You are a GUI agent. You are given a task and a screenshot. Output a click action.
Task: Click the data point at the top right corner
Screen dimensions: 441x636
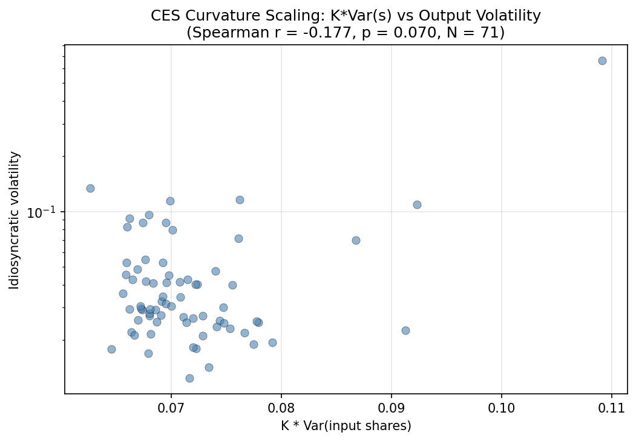pyautogui.click(x=602, y=60)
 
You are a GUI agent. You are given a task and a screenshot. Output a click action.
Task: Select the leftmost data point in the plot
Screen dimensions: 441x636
pyautogui.click(x=90, y=188)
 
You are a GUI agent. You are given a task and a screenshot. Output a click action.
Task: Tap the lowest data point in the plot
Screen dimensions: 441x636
pyautogui.click(x=189, y=378)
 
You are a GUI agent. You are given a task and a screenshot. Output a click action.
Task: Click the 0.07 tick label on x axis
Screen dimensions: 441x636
pyautogui.click(x=171, y=408)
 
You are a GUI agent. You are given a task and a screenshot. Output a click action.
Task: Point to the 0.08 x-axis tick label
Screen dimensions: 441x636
pyautogui.click(x=281, y=408)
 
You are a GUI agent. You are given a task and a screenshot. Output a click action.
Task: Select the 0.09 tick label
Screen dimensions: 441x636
pyautogui.click(x=391, y=408)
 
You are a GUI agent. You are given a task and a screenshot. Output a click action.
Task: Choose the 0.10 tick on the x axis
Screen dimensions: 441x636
pyautogui.click(x=501, y=408)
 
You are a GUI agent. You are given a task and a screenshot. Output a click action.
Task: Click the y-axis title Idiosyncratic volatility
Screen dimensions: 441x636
pyautogui.click(x=15, y=220)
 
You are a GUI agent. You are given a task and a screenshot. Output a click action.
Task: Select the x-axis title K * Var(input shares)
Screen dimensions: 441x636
pyautogui.click(x=346, y=426)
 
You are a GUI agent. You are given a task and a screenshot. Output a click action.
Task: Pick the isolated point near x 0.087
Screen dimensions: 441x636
pyautogui.click(x=356, y=240)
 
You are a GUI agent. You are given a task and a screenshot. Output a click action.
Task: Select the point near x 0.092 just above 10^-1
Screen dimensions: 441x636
pyautogui.click(x=417, y=204)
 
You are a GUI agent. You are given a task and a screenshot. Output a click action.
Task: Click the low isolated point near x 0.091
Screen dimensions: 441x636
pyautogui.click(x=405, y=330)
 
